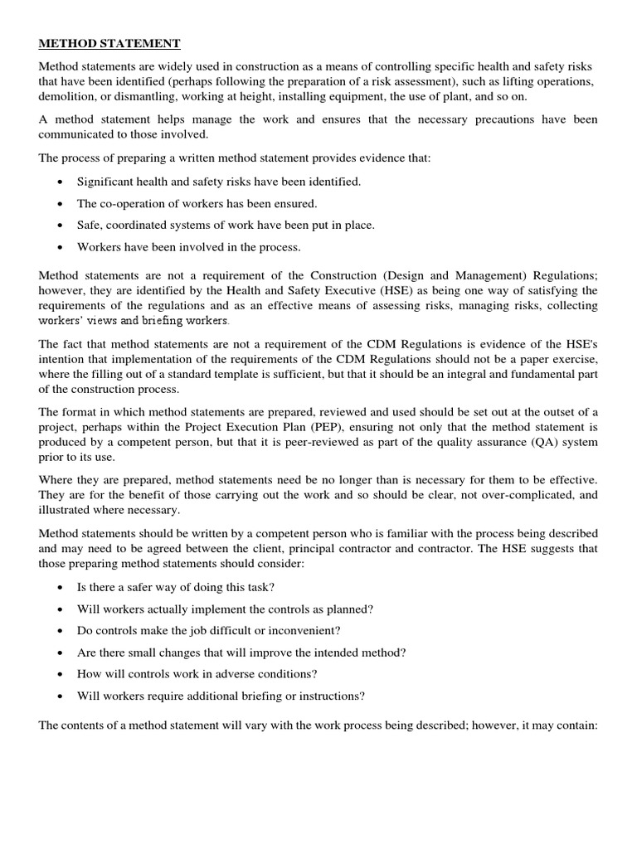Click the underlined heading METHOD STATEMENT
click(109, 43)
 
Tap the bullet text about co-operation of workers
click(197, 203)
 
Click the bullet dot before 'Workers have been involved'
click(61, 247)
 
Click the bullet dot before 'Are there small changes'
click(61, 653)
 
